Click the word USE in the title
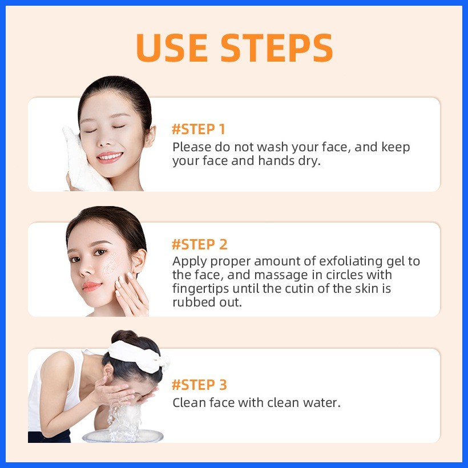click(172, 47)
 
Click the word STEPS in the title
click(276, 47)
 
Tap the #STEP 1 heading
click(198, 129)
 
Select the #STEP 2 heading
click(199, 244)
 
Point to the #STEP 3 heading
click(199, 385)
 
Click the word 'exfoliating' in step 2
click(350, 261)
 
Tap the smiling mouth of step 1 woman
click(110, 157)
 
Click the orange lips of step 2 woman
click(92, 287)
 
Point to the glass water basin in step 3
click(123, 436)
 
